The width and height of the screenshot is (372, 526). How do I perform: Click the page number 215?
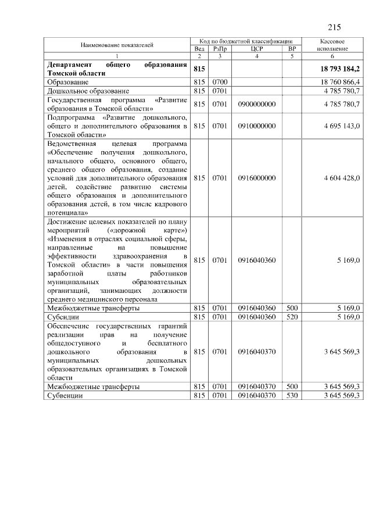(334, 27)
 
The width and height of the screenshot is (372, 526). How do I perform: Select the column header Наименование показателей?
(117, 45)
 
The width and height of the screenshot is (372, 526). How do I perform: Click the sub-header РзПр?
(220, 49)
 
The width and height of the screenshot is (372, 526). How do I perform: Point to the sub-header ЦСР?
(257, 49)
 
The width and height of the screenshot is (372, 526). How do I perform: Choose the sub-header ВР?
(292, 49)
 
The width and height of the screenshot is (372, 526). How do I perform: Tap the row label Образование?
(68, 83)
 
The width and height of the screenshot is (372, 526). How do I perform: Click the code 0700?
(220, 83)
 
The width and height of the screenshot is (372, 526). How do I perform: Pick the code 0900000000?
(257, 104)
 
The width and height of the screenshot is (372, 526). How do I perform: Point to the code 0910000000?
(257, 126)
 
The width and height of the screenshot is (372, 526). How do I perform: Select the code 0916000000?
(257, 178)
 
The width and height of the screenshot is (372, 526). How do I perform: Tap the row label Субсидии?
(64, 317)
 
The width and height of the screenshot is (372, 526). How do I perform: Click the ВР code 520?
(292, 317)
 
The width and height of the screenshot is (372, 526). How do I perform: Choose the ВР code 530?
(292, 396)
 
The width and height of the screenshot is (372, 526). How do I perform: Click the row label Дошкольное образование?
(88, 91)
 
